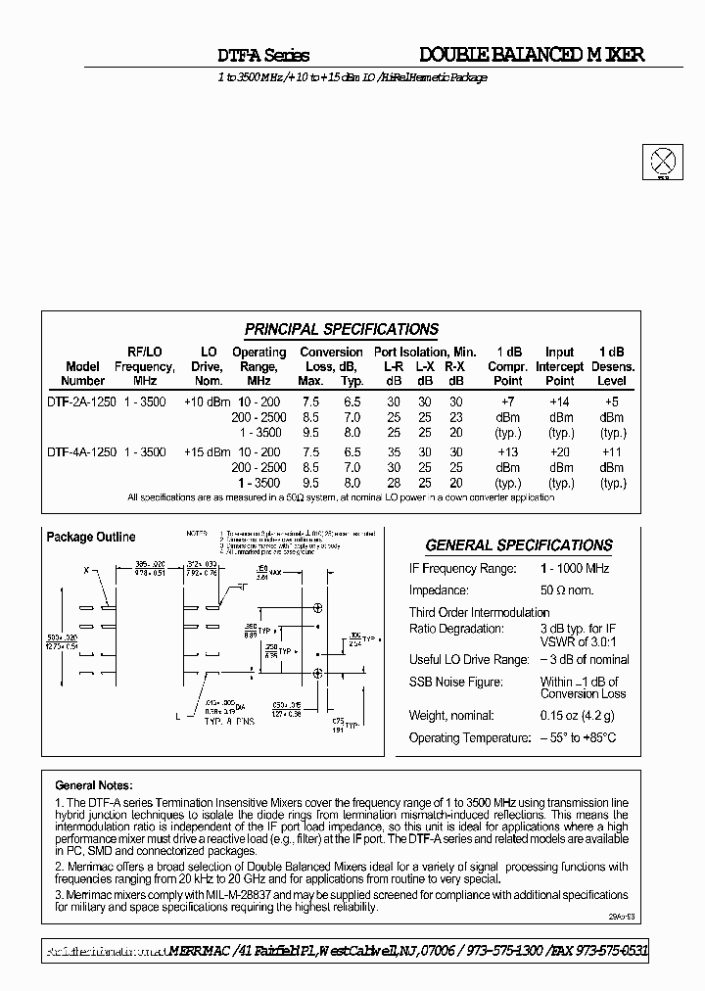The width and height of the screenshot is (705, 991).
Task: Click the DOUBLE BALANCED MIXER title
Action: [x=532, y=55]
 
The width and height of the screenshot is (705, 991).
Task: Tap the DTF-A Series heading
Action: [x=262, y=56]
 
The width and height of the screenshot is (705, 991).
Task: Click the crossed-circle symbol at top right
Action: [x=663, y=161]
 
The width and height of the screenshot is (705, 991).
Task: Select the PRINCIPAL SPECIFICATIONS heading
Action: [x=341, y=329]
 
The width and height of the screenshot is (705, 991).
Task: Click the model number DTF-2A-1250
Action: [x=82, y=401]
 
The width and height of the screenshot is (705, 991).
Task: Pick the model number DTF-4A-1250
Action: [x=82, y=452]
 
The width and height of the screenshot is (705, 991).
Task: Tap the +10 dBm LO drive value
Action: [x=208, y=401]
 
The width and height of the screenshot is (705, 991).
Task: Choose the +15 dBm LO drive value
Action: [x=208, y=452]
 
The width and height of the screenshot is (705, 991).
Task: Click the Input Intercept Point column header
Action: [x=559, y=366]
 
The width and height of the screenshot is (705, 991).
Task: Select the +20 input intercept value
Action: [x=560, y=452]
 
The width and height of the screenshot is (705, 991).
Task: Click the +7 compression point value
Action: [x=507, y=401]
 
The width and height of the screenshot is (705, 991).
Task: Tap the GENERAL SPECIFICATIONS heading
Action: [x=518, y=545]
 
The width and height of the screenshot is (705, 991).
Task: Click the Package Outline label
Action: [x=91, y=537]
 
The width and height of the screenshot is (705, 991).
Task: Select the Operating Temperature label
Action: [x=465, y=737]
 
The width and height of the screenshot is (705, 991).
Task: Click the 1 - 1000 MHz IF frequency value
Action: [x=575, y=569]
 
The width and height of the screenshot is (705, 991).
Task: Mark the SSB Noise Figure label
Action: [x=455, y=682]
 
